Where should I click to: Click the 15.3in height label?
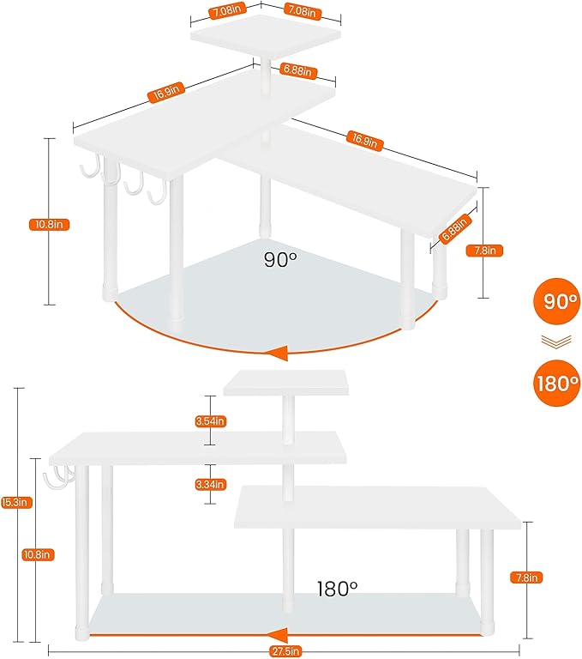[16, 502]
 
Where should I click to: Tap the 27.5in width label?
[285, 652]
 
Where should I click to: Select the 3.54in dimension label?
[211, 421]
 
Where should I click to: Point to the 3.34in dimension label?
[211, 485]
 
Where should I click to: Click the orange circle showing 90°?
[556, 300]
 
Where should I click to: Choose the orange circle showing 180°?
[556, 383]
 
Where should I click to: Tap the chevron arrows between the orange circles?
[556, 342]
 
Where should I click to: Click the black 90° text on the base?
[280, 260]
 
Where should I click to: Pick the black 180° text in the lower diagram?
[337, 589]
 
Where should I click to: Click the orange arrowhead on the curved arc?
[278, 353]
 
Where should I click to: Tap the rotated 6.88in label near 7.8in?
[454, 228]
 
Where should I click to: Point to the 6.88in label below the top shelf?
[297, 70]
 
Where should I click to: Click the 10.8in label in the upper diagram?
[49, 225]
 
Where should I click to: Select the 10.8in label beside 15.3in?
[39, 555]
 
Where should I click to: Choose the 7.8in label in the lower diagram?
[526, 577]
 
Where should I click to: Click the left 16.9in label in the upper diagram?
[166, 92]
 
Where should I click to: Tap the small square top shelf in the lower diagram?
[286, 383]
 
